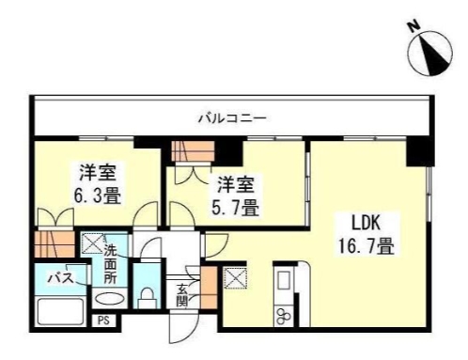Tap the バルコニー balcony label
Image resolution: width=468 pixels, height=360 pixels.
tap(232, 118)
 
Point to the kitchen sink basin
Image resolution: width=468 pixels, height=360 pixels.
tap(283, 281)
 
